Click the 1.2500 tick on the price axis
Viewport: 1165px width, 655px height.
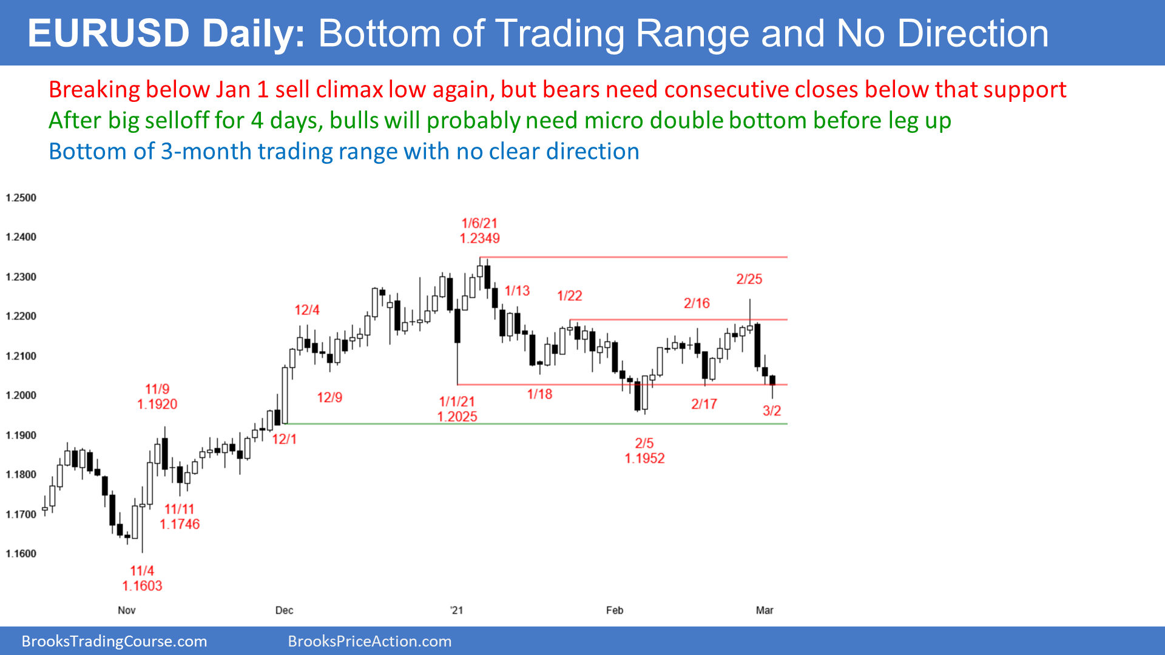21,198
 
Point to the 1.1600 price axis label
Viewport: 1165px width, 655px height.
21,554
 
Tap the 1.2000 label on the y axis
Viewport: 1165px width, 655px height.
21,395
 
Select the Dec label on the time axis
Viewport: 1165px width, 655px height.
284,610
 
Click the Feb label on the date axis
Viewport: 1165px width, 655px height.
615,610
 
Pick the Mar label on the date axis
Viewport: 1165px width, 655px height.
765,610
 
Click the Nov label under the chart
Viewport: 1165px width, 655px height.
127,610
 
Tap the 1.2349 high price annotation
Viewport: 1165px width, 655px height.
480,238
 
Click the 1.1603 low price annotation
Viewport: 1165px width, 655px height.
142,586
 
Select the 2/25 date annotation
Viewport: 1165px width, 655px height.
749,279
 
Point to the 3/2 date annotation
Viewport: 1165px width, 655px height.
772,411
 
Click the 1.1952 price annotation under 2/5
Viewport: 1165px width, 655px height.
645,458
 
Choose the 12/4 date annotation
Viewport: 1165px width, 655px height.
307,310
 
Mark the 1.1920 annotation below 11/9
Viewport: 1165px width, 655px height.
157,405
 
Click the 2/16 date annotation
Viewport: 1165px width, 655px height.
697,303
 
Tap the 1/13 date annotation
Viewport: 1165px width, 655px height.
518,291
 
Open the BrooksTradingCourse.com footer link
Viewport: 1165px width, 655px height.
115,642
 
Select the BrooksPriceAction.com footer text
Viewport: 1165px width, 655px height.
370,642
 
